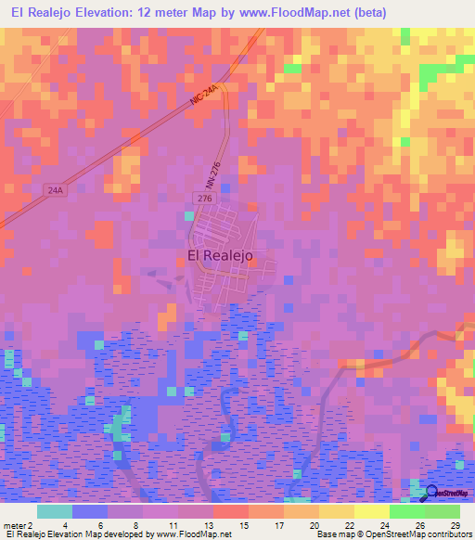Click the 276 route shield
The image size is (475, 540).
[204, 199]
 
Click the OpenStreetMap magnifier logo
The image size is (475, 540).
[431, 492]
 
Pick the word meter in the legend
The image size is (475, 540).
[13, 524]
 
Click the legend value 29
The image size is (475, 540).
[455, 524]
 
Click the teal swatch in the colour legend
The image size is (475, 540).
[55, 511]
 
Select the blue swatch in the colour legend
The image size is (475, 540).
[90, 511]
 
